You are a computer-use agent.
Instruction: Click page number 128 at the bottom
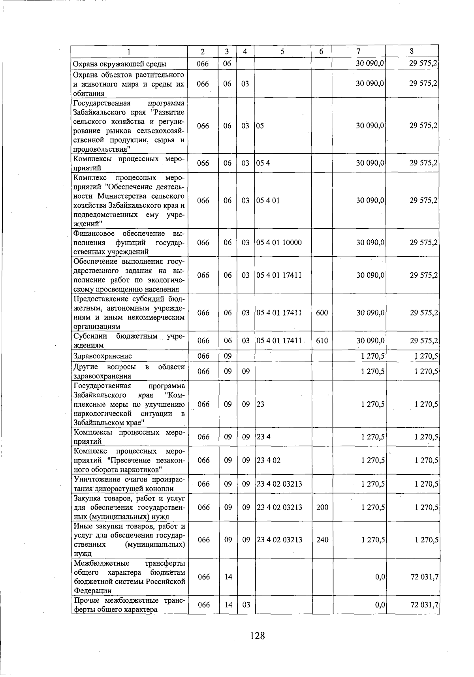(x=257, y=636)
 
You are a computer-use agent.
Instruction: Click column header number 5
(x=282, y=51)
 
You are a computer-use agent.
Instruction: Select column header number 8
(x=412, y=51)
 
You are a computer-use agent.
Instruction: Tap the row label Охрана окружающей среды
(x=120, y=64)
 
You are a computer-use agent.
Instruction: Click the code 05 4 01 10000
(x=279, y=243)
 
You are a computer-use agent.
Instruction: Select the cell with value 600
(x=322, y=312)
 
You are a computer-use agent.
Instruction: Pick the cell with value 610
(x=322, y=340)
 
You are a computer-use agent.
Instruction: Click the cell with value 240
(x=322, y=540)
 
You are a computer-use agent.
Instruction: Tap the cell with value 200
(x=322, y=507)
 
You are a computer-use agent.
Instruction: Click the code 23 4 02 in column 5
(x=269, y=460)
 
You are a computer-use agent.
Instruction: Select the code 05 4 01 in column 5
(x=268, y=200)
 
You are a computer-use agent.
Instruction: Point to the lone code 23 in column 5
(x=261, y=404)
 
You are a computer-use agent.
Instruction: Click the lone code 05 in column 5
(x=260, y=126)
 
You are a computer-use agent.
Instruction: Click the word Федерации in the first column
(x=92, y=590)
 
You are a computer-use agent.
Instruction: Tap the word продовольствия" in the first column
(x=102, y=149)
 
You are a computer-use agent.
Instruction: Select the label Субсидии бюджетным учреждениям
(x=129, y=340)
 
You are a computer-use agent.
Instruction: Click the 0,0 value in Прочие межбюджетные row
(x=380, y=605)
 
